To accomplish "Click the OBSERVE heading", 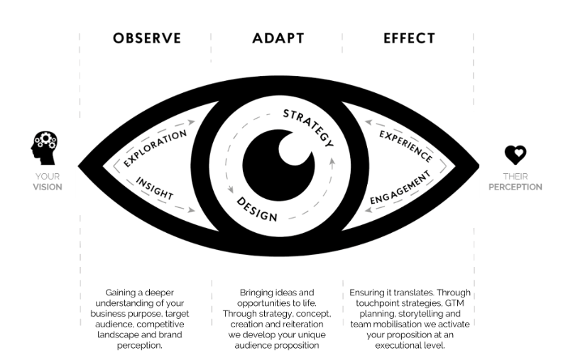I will pos(146,38).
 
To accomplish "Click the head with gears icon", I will pos(44,146).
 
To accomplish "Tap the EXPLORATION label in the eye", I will pos(155,147).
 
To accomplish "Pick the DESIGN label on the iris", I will pos(257,207).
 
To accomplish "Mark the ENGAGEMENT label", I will pos(402,187).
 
